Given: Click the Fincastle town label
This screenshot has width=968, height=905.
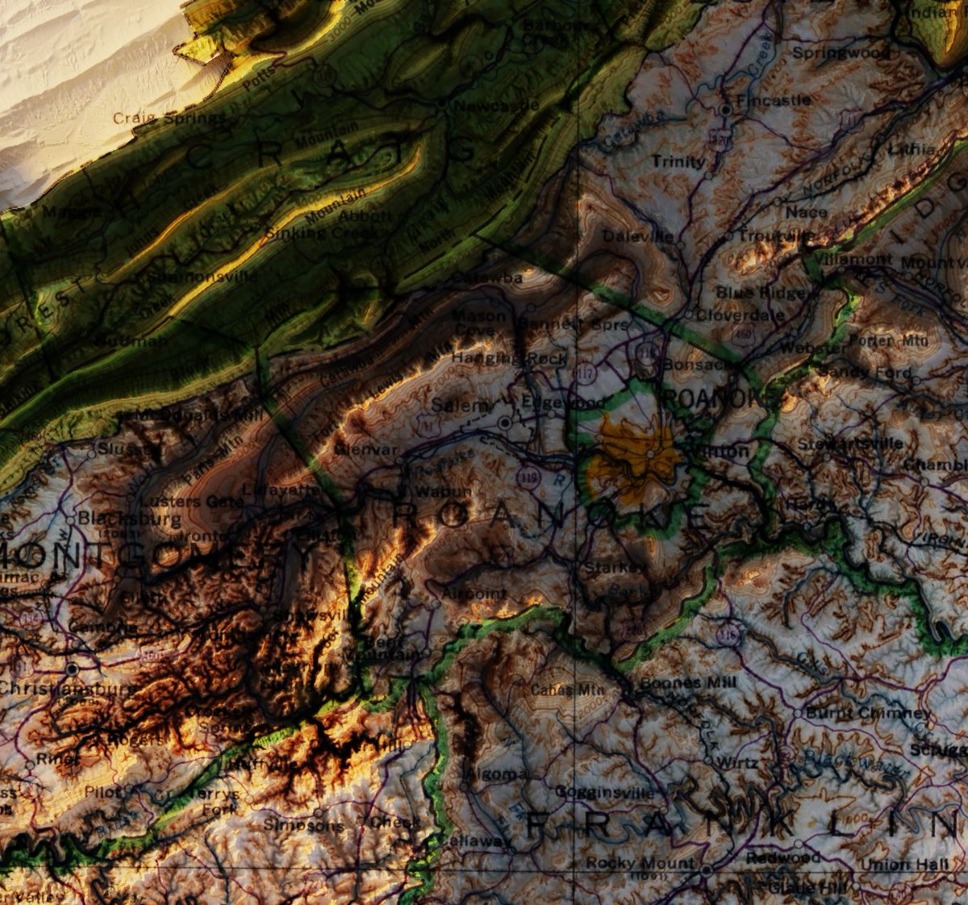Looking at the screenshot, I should pos(773,101).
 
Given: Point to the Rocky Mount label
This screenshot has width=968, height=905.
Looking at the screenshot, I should pos(640,863).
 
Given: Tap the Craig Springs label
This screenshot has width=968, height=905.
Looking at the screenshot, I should pos(169,119).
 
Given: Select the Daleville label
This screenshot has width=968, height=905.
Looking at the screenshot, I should pos(637,236).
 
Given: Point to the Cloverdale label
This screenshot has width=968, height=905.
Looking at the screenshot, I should pos(740,315).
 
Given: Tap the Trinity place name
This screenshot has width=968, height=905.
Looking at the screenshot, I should pos(678,162).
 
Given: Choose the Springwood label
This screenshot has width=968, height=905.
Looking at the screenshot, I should pos(841,53).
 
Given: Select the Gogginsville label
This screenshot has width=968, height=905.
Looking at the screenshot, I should pos(604,793).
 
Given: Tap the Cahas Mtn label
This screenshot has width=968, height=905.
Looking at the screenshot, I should pos(562,690).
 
